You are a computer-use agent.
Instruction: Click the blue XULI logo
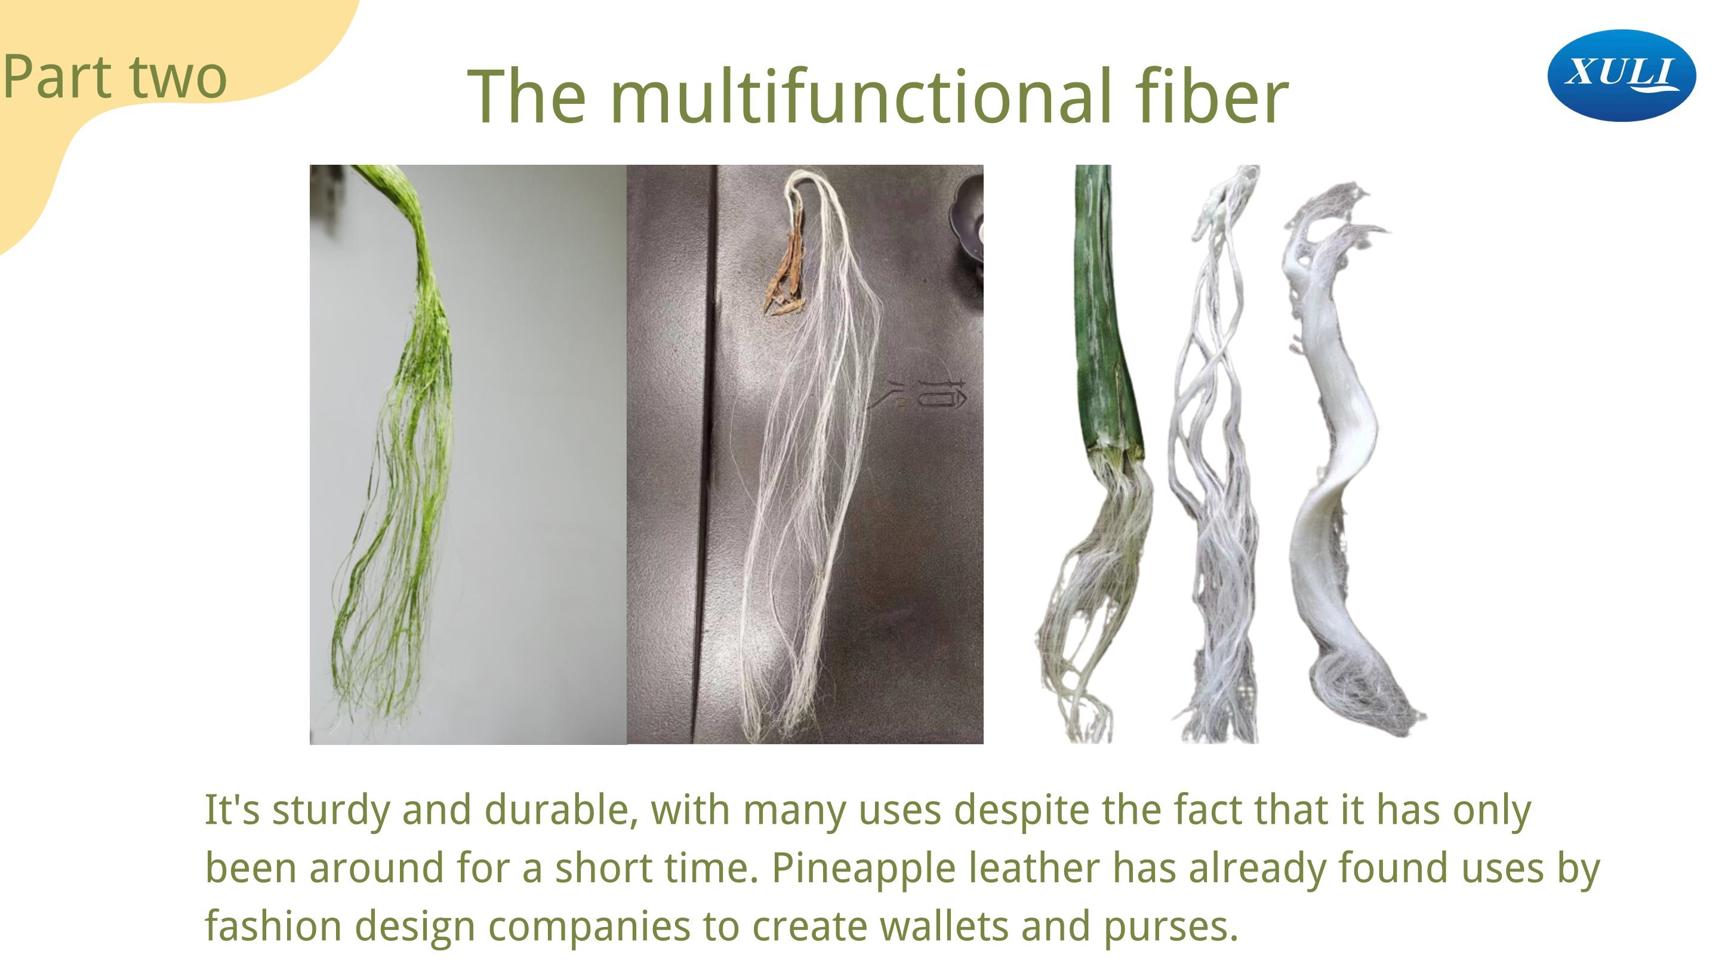click(1622, 75)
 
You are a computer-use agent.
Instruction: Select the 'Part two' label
click(115, 78)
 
